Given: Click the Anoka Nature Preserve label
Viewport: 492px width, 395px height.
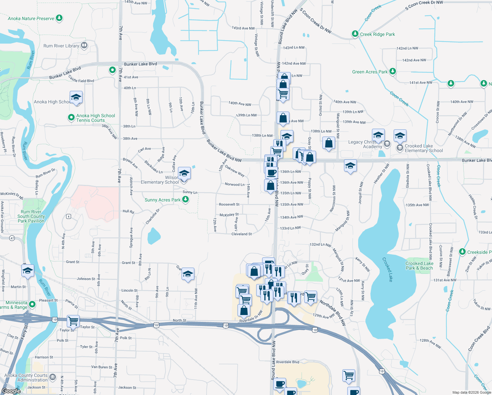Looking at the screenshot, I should tap(31, 19).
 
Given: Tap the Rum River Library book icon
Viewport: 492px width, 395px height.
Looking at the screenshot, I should tap(84, 45).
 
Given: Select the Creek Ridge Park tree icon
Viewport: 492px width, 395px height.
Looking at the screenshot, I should tap(355, 34).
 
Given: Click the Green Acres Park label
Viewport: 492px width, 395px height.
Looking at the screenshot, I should tap(370, 72).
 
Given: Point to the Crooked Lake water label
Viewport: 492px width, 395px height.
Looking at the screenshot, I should tap(387, 269).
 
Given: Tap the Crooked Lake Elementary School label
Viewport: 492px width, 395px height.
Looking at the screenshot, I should tap(424, 148).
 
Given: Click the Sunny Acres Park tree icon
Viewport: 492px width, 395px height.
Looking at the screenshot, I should tap(185, 199).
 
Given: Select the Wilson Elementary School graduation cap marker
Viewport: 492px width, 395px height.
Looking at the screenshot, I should tap(184, 173).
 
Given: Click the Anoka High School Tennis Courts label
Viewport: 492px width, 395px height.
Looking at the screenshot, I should tap(95, 118).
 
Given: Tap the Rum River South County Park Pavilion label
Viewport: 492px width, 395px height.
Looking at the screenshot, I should tap(31, 216).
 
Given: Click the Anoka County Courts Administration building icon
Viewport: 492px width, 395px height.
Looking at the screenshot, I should tap(53, 376).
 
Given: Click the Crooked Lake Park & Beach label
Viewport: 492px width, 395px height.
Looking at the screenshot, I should tap(419, 266).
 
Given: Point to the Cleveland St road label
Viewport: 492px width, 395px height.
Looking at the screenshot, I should tap(241, 234).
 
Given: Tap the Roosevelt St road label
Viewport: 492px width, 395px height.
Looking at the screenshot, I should tap(229, 204).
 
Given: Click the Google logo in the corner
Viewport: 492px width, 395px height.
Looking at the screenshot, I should tap(11, 391).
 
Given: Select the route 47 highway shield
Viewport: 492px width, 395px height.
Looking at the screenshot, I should tap(12, 238).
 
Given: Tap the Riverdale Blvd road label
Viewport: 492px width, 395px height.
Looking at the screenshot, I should tap(287, 362).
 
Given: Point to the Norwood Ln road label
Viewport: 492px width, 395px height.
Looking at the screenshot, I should tap(234, 184).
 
